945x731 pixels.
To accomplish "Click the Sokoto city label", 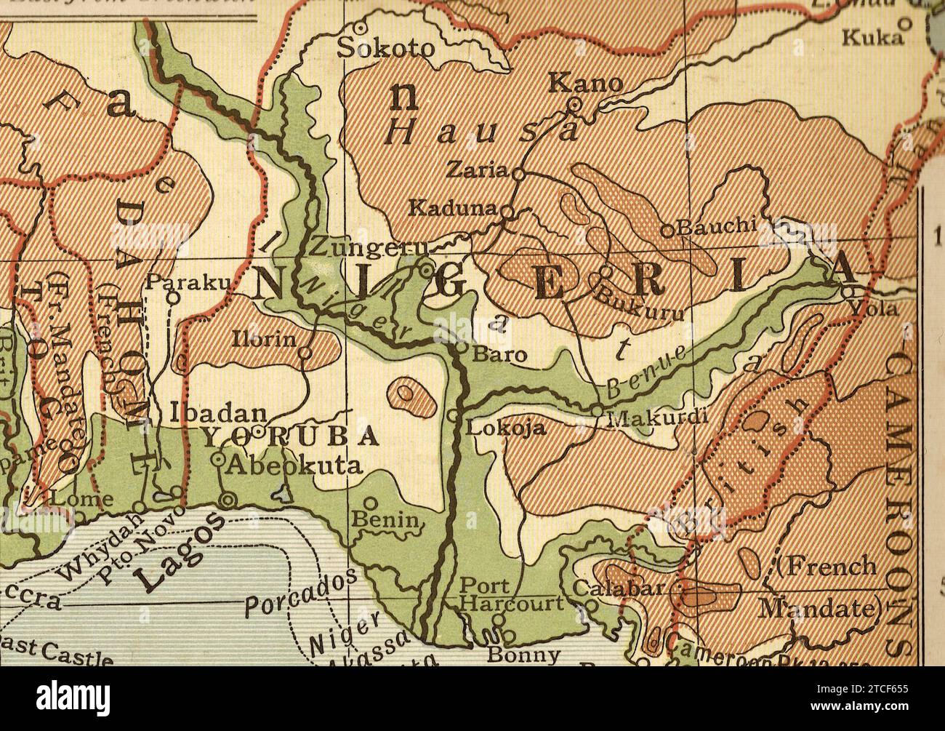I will (387, 48).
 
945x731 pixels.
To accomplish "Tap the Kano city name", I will (585, 83).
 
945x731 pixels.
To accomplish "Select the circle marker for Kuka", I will (905, 23).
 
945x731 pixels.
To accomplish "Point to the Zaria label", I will (477, 170).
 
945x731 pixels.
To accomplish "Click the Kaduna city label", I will (452, 208).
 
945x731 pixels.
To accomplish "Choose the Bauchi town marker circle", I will (667, 231).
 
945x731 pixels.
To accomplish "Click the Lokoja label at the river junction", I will (505, 428).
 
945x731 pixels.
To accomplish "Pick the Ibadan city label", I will (218, 412).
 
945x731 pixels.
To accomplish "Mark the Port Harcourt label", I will (512, 595).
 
